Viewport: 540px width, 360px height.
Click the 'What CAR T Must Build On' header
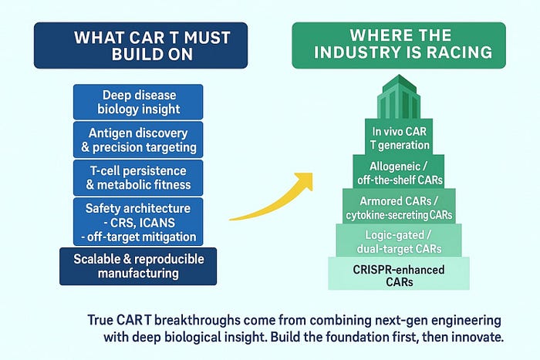coord(140,45)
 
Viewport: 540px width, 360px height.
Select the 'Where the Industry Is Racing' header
coord(399,45)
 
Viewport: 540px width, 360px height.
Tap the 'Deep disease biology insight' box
coord(138,102)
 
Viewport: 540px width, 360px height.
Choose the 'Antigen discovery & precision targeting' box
coord(138,140)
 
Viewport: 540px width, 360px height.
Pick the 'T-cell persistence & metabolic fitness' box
coord(138,177)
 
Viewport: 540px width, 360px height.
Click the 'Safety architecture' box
coord(138,222)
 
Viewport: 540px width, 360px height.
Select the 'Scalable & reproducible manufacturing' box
coord(138,267)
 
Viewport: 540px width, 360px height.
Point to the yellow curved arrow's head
coord(305,180)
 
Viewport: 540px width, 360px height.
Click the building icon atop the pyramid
coord(399,96)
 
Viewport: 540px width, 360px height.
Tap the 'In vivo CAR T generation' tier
coord(399,137)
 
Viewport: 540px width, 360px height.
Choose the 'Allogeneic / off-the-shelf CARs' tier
coord(399,172)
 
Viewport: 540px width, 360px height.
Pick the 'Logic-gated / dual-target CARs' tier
coord(399,241)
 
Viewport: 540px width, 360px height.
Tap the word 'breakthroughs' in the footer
coord(197,320)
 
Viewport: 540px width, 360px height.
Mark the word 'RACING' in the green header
coord(460,52)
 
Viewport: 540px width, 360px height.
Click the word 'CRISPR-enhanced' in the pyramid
coord(399,269)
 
